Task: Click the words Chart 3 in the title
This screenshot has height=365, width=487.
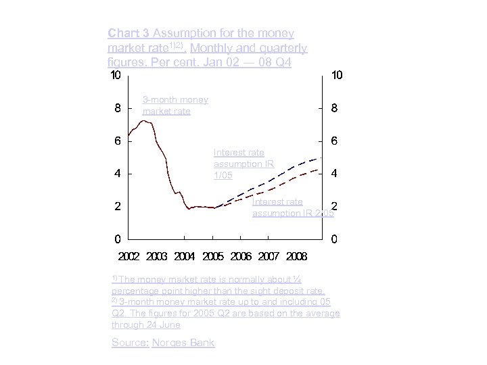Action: pos(129,32)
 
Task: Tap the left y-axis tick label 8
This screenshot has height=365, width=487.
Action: pos(118,108)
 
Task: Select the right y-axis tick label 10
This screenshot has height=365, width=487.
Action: pos(336,75)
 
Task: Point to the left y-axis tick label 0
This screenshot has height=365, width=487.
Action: pos(118,239)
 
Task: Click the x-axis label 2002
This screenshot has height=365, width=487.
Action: pos(129,257)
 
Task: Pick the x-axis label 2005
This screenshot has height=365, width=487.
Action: pos(213,257)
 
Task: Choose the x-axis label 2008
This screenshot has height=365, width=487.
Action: pos(296,257)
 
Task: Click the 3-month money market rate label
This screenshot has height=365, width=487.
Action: pos(175,105)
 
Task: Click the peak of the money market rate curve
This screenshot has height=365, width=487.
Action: pos(143,121)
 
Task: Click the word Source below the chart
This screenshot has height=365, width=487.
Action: pos(129,343)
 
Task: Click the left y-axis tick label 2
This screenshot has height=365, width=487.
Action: pos(118,207)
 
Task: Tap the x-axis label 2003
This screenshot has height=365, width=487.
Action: pos(157,257)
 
